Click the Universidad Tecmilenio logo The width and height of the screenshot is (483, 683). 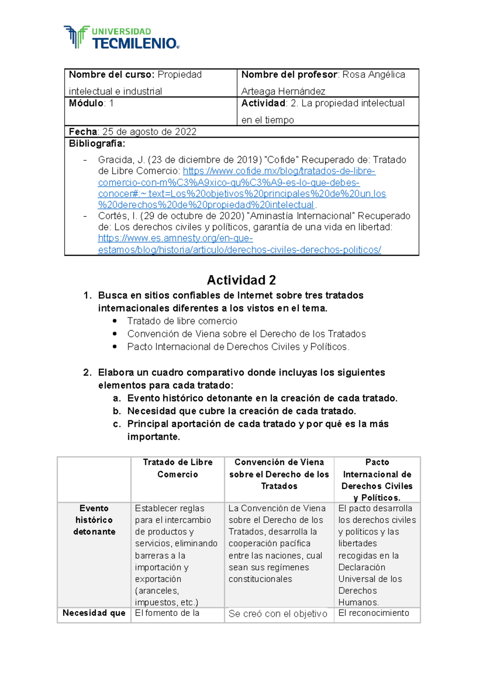(121, 37)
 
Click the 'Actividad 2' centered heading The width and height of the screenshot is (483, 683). (241, 280)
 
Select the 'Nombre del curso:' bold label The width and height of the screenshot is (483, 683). (111, 75)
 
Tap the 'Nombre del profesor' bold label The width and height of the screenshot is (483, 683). (289, 75)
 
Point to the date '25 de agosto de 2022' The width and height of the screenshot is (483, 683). (149, 132)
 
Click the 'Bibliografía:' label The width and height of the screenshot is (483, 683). (97, 144)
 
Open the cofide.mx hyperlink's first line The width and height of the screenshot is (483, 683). (279, 171)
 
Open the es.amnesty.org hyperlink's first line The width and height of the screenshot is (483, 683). (175, 239)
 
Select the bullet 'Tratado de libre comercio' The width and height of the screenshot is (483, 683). (182, 321)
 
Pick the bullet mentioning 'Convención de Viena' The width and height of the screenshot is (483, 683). (246, 334)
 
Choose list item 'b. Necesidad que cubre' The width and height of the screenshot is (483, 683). (242, 411)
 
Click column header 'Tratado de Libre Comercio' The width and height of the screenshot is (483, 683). (178, 468)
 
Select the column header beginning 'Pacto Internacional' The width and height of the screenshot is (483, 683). (377, 480)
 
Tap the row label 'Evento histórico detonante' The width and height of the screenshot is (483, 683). (94, 520)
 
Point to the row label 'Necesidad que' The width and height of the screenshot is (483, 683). (94, 613)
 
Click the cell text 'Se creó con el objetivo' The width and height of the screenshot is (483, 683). (278, 614)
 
